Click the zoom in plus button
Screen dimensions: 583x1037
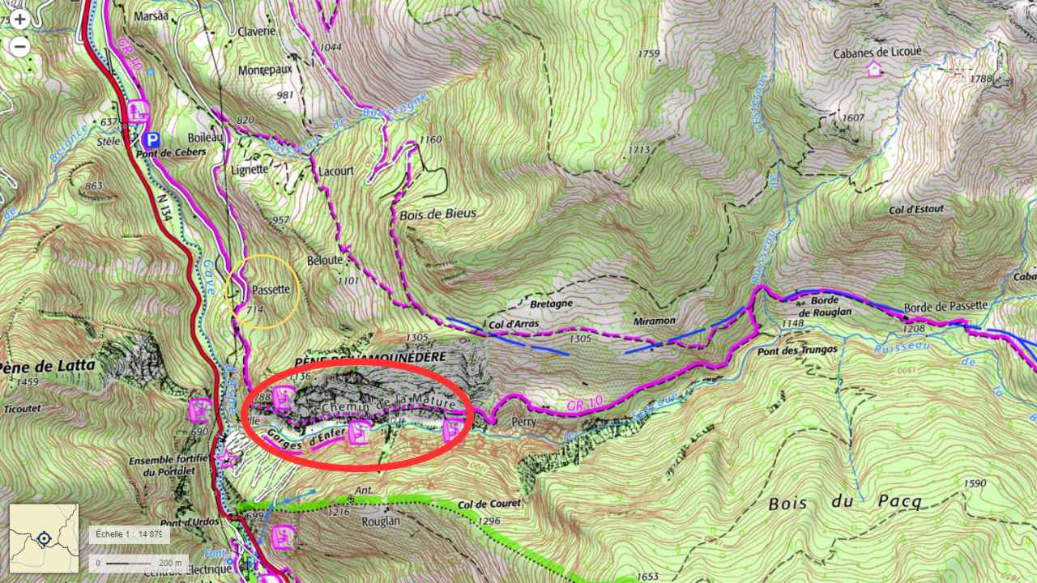(19, 19)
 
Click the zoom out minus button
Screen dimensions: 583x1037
(19, 46)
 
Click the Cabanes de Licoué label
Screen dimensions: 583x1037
(877, 53)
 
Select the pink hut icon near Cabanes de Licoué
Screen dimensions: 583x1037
(874, 70)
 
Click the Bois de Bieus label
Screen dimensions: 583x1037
(437, 215)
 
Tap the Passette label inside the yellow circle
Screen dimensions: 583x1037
(271, 290)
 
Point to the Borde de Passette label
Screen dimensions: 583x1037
(945, 305)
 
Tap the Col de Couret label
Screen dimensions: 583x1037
(489, 504)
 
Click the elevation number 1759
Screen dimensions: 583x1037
(649, 54)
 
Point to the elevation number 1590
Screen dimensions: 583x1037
(975, 483)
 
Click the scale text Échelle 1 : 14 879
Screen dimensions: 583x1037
(130, 534)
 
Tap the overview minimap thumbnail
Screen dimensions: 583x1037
(44, 538)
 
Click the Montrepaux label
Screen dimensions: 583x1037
(265, 70)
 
